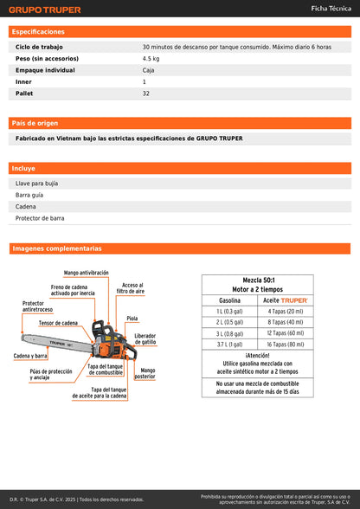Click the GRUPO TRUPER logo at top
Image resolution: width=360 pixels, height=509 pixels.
pyautogui.click(x=45, y=10)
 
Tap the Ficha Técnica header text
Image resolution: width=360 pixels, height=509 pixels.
pyautogui.click(x=331, y=9)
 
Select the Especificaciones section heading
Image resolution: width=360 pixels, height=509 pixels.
pyautogui.click(x=38, y=31)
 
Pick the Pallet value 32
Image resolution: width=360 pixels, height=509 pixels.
pyautogui.click(x=146, y=93)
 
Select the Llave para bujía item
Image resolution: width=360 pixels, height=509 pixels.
pyautogui.click(x=37, y=184)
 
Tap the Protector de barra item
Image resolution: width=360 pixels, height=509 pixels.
pyautogui.click(x=40, y=218)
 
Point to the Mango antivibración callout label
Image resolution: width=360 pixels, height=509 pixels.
pyautogui.click(x=86, y=273)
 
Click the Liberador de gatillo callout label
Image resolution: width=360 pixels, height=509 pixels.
pyautogui.click(x=145, y=338)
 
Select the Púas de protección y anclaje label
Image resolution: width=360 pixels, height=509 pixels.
pyautogui.click(x=51, y=374)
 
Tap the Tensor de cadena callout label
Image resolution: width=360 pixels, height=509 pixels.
pyautogui.click(x=58, y=323)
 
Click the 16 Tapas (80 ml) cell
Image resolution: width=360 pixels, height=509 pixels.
pyautogui.click(x=285, y=344)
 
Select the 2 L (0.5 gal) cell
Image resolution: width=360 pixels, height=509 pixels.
pyautogui.click(x=229, y=321)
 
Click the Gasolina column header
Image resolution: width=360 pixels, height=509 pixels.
pyautogui.click(x=229, y=300)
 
